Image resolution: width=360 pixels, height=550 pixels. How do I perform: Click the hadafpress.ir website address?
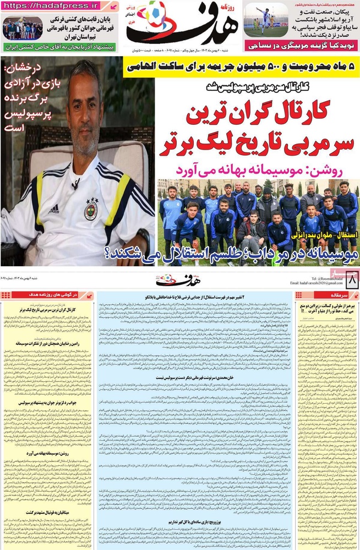tap(55, 6)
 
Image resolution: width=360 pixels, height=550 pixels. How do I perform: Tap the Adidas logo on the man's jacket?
tap(53, 208)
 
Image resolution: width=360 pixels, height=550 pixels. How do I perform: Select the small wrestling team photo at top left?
tap(23, 28)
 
